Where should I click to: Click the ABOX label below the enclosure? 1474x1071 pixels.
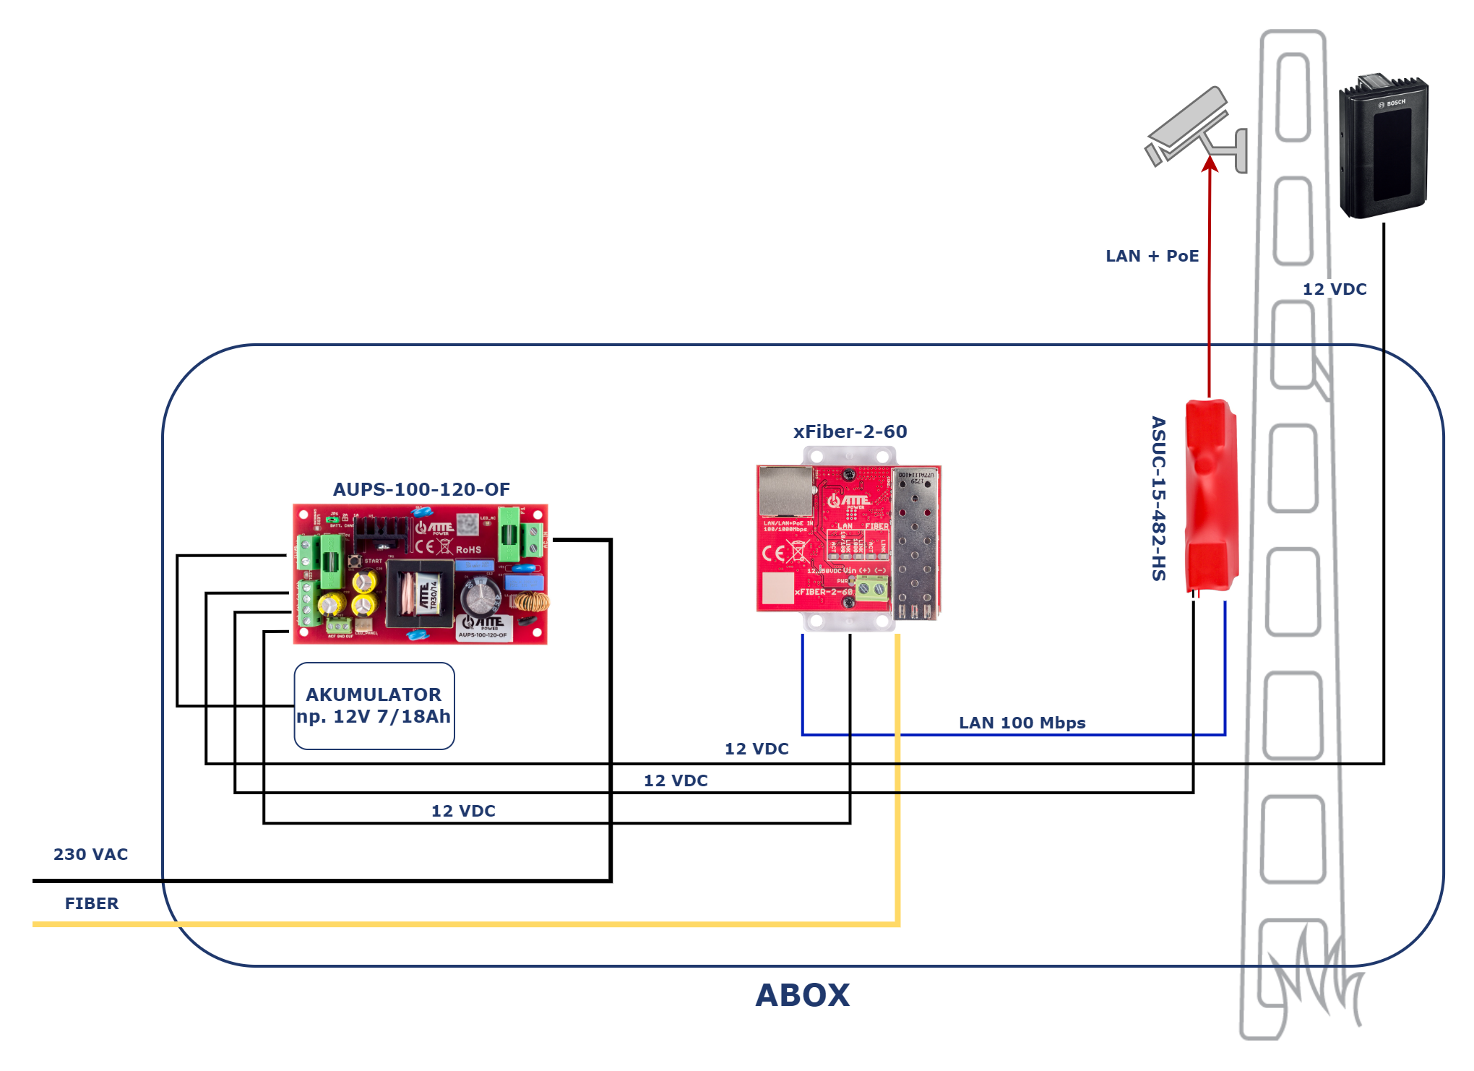(802, 995)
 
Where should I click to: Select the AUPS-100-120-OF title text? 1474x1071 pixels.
(421, 489)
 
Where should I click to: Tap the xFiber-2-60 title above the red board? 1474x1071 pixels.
(850, 431)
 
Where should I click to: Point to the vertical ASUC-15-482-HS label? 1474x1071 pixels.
(1158, 499)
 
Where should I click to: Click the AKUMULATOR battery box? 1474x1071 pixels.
(374, 706)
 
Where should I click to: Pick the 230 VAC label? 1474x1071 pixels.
(90, 854)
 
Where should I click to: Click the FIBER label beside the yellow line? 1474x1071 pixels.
(92, 903)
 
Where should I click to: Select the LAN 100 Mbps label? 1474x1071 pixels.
(1022, 723)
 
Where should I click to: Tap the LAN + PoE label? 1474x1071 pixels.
(1152, 256)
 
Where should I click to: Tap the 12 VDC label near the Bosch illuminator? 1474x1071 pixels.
(1335, 289)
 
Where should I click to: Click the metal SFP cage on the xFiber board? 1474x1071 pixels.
(916, 542)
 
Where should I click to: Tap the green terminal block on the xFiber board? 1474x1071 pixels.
(871, 590)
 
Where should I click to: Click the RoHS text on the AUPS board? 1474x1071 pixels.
(468, 550)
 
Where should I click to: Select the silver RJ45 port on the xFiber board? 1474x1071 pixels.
(785, 491)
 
